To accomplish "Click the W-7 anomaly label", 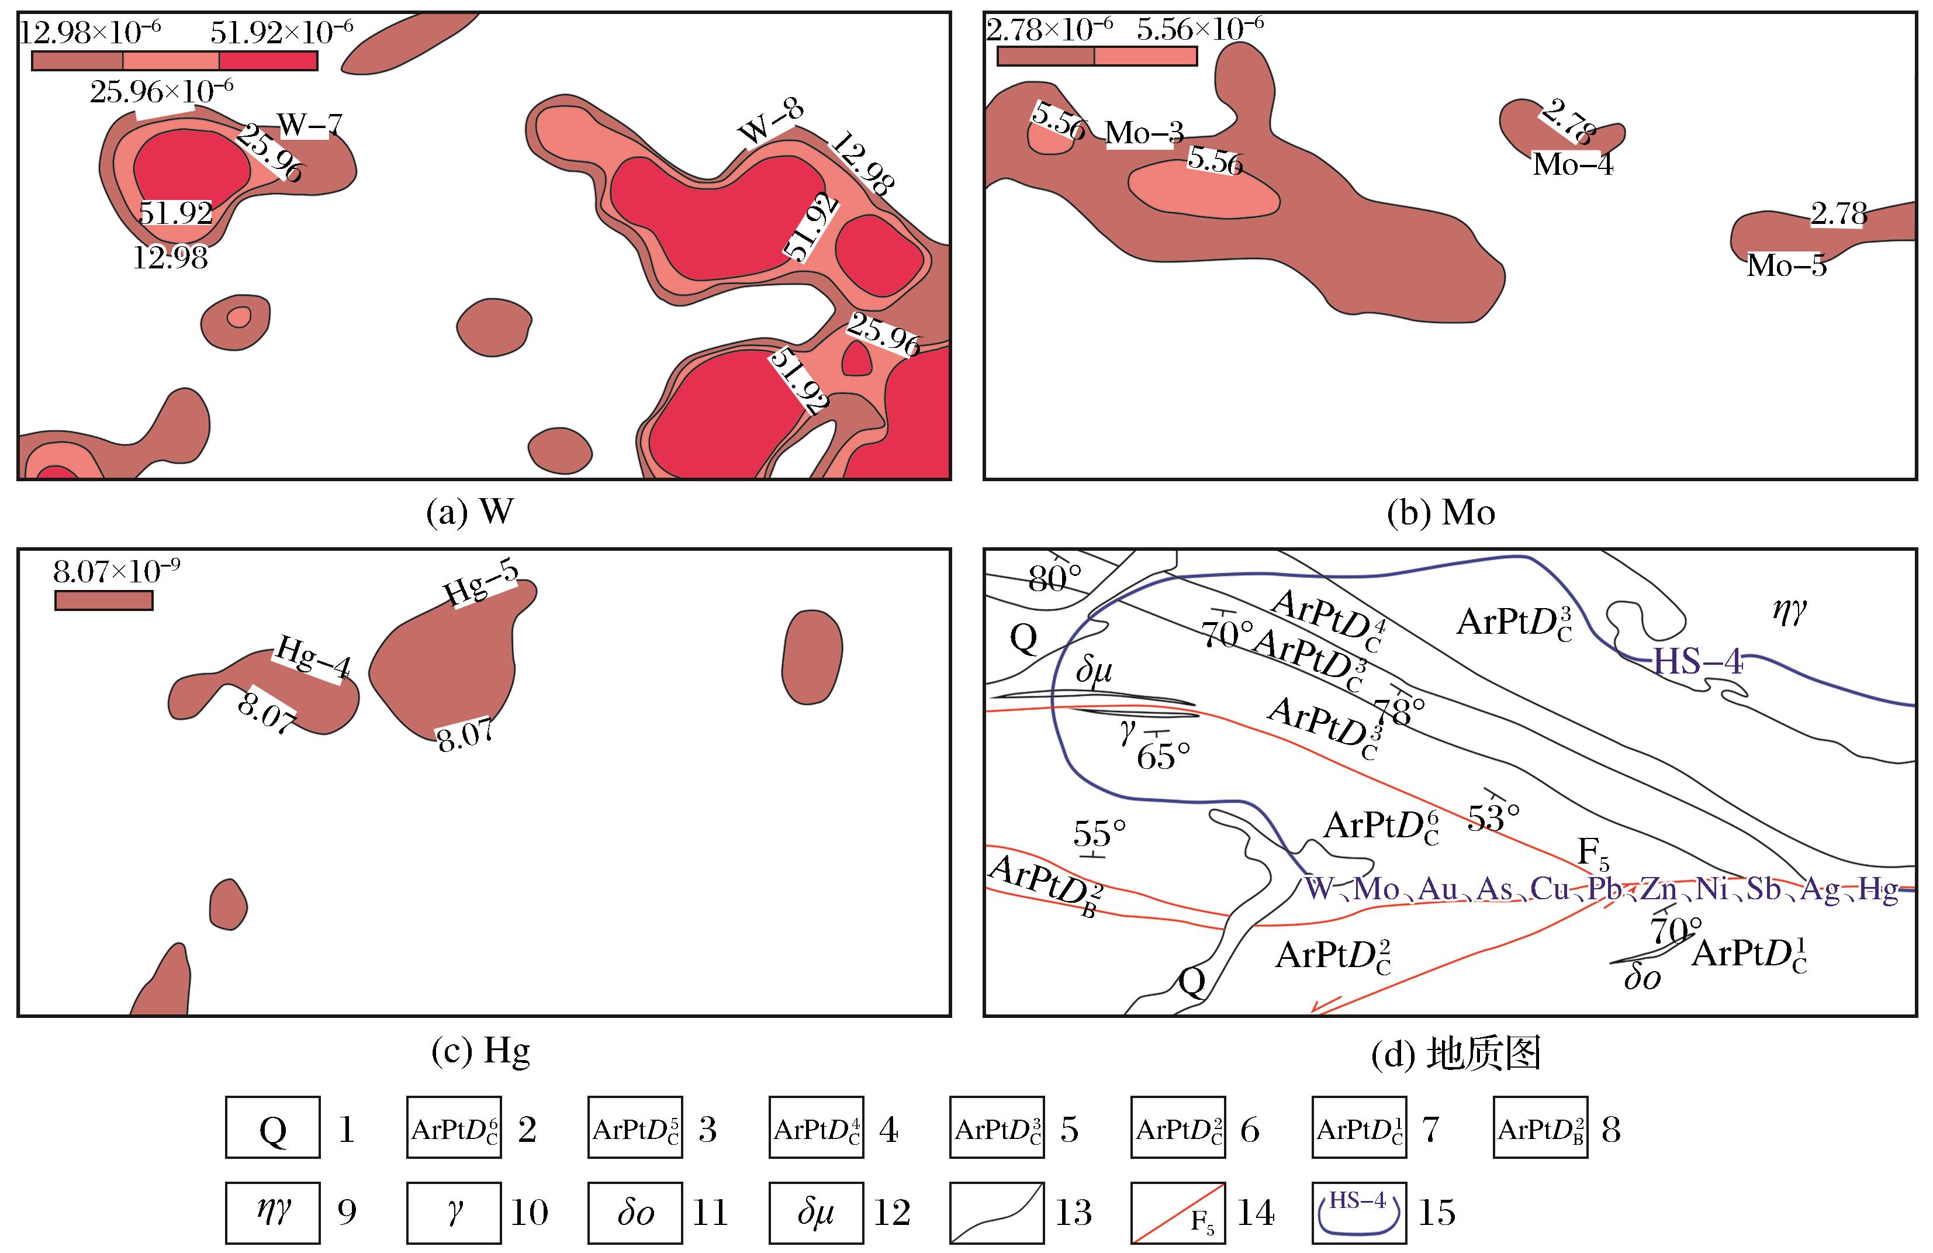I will pos(309,125).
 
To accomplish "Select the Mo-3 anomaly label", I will pos(1144,133).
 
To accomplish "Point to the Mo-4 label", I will pos(1572,165).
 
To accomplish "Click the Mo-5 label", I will pos(1786,265).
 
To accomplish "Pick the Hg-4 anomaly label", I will pos(313,657).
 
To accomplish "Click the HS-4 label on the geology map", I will pos(1697,662).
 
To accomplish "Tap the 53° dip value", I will pos(1493,817).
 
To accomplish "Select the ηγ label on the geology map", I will pos(1789,610).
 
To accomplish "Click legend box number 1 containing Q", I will pos(273,1130).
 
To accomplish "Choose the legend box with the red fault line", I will pos(1178,1213).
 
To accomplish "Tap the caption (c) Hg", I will pos(481,1051).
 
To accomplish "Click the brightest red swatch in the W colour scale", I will pos(268,61).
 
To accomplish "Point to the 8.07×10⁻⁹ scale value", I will pos(116,572).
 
